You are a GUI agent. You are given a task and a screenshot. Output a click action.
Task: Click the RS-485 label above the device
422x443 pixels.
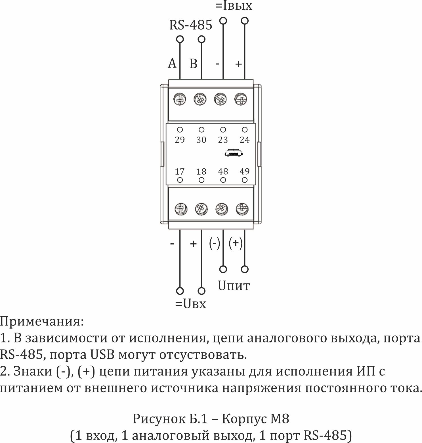point(190,25)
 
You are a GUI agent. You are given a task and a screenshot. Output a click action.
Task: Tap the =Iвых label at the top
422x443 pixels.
point(234,6)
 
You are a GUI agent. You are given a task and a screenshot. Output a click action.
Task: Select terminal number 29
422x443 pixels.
point(180,140)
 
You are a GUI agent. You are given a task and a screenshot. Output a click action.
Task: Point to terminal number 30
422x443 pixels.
point(201,140)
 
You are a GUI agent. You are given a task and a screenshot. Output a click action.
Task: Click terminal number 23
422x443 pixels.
point(223,140)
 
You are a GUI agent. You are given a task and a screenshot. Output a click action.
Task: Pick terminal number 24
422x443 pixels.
point(244,140)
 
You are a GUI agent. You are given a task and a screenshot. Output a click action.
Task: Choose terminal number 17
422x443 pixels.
point(180,172)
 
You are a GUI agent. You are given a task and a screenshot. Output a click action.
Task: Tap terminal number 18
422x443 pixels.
point(201,172)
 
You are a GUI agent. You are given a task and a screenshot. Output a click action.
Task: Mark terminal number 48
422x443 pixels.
point(223,172)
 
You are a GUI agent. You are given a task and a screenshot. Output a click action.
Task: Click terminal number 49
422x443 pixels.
point(244,172)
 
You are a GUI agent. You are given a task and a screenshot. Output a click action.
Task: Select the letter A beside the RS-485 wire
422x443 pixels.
point(172,63)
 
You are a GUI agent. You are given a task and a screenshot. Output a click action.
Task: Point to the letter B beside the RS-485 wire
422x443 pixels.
point(193,64)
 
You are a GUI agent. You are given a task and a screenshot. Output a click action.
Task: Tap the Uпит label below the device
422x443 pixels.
point(234,286)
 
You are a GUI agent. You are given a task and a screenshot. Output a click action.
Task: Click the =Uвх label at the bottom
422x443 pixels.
point(190,304)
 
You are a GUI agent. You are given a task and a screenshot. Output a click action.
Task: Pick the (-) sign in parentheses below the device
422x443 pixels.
point(215,243)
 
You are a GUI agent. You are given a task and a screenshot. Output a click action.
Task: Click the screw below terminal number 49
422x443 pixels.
point(242,209)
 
